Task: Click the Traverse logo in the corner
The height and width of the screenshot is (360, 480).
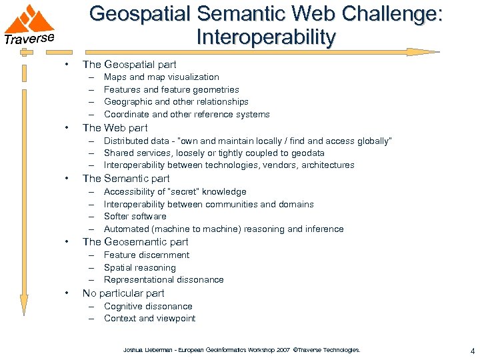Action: (29, 25)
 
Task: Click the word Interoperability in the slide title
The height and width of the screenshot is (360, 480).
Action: (266, 37)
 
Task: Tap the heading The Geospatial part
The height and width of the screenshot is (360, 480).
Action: (129, 65)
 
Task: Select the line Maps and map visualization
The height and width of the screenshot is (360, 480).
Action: (161, 77)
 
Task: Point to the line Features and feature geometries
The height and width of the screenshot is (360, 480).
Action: (171, 89)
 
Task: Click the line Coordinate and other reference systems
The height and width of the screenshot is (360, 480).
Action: (187, 114)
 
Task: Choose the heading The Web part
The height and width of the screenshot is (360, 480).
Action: (115, 127)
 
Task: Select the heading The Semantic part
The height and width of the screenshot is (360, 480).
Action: (126, 178)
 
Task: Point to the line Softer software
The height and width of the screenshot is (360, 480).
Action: (135, 216)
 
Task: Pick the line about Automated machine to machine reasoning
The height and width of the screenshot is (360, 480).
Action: (223, 229)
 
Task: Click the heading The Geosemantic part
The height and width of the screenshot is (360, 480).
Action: (135, 241)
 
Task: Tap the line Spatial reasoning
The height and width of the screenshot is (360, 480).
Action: (140, 267)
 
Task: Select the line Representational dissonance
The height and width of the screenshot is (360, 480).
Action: (163, 279)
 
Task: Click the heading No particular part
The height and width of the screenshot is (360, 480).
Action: (123, 293)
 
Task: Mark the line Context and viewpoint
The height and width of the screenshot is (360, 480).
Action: (149, 318)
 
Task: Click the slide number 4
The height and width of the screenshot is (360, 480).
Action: (472, 351)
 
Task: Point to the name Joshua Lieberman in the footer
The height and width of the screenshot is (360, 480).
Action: (143, 349)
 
